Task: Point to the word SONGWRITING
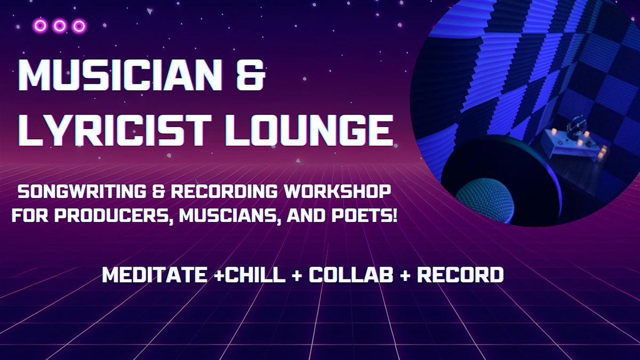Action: (x=82, y=192)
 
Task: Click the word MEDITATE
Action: (x=155, y=275)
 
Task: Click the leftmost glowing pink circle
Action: (x=40, y=26)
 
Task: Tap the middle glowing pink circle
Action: (x=59, y=26)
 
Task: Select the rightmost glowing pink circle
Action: (x=79, y=26)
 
